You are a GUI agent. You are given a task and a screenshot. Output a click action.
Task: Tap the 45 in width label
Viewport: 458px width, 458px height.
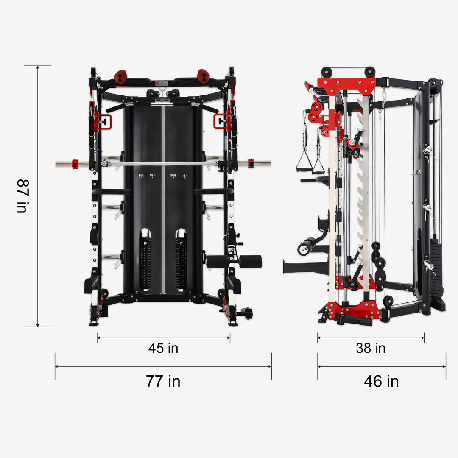tap(163, 348)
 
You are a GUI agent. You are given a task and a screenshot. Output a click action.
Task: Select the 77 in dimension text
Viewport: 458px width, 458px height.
tap(163, 381)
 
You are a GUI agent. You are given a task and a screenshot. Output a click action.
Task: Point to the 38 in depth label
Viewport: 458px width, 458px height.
tap(371, 348)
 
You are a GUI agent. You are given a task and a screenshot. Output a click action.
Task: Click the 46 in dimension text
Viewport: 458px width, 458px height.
tap(381, 381)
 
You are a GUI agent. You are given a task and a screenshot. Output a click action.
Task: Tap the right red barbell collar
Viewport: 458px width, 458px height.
tap(251, 163)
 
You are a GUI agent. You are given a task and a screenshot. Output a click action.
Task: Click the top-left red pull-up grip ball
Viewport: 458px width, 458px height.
tap(121, 76)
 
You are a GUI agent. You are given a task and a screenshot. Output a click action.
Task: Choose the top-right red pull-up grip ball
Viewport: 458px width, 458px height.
tap(203, 76)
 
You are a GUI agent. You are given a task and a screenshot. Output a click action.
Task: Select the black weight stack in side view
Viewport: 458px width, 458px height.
tap(436, 267)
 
